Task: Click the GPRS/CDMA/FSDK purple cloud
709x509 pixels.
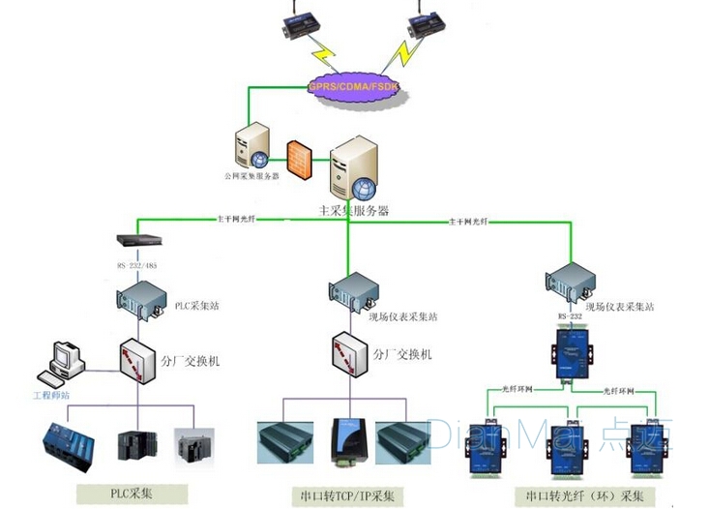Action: (x=354, y=87)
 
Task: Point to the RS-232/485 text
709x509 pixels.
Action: (x=136, y=262)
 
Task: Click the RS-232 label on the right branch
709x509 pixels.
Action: (x=568, y=314)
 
